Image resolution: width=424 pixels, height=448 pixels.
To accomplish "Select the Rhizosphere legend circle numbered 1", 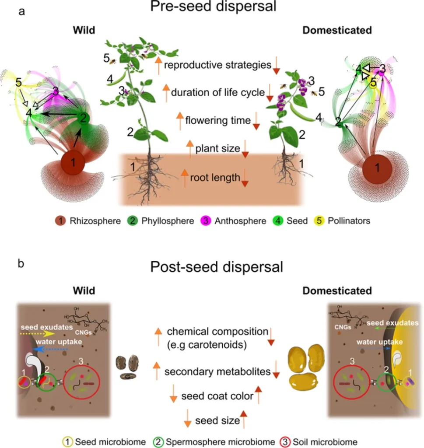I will pos(61,221).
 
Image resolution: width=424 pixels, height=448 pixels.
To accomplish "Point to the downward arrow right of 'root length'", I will pos(245,178).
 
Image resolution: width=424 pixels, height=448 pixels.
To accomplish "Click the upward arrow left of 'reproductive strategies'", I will pos(158,65).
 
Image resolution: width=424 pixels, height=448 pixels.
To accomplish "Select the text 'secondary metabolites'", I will pos(217,372).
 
